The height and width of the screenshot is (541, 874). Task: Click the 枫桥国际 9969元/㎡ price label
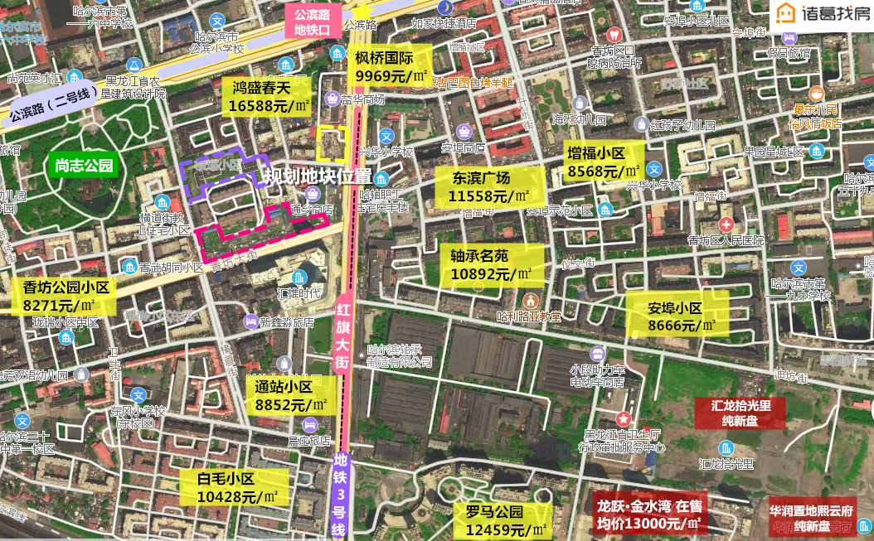(391, 67)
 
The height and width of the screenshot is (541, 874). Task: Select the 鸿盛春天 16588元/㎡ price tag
(269, 96)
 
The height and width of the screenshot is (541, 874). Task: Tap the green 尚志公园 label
(84, 165)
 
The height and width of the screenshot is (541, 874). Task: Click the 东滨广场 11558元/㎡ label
(488, 187)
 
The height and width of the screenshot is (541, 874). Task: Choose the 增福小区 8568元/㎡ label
(603, 162)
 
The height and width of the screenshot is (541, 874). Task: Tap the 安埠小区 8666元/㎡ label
(676, 317)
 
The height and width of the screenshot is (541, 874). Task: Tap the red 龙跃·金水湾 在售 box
(648, 514)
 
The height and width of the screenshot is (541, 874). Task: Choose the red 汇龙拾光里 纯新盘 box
(740, 413)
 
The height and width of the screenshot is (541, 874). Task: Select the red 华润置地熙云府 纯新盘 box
(812, 518)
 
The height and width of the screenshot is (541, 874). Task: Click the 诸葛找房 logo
(822, 15)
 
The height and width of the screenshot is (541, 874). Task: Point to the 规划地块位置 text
(318, 176)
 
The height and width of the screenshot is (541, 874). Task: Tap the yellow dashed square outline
(333, 143)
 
